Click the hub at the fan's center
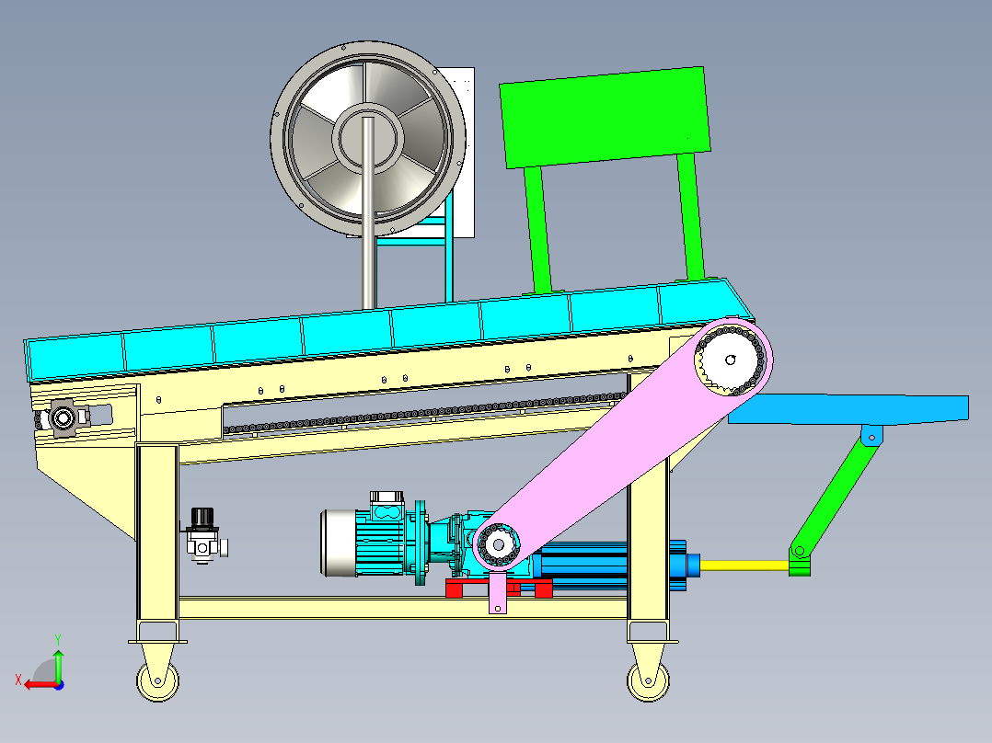tap(368, 138)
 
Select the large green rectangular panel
tap(605, 117)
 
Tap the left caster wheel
tap(157, 680)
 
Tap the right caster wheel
tap(648, 681)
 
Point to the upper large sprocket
tap(731, 360)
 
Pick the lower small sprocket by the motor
tap(498, 544)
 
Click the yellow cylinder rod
tap(744, 565)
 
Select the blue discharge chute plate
tap(848, 408)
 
